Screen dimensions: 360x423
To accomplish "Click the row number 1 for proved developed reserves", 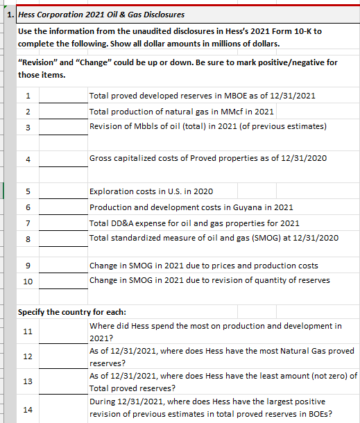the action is (28, 96).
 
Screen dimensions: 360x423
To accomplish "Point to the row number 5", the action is (28, 191).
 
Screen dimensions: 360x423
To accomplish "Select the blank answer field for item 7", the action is (63, 223).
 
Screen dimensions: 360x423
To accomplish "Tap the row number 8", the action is (28, 239).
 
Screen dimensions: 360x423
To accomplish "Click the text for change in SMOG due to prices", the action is (204, 265).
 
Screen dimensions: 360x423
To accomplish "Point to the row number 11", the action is (28, 331).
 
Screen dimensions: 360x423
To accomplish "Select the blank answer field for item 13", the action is (63, 381).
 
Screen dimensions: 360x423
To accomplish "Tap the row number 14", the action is (28, 410).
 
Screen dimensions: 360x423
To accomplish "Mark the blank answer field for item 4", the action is (63, 159).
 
